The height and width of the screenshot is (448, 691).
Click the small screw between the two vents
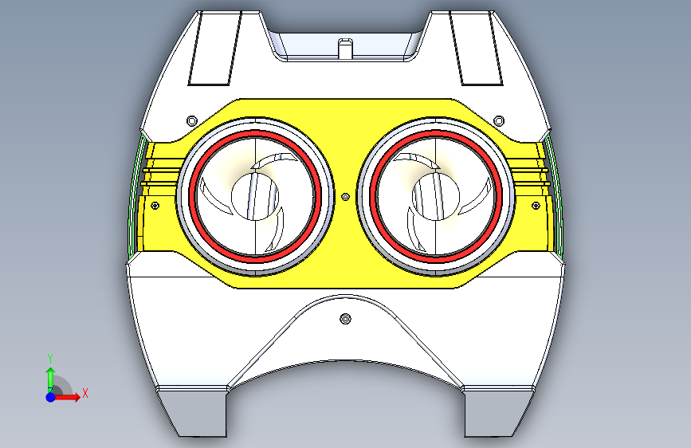pos(345,195)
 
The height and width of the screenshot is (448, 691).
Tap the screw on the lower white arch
pos(345,320)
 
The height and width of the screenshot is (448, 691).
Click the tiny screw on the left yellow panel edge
pos(155,205)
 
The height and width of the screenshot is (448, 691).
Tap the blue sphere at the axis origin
pos(50,396)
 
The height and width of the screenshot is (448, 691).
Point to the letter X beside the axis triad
pos(84,393)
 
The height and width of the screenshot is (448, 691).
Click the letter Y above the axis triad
pos(49,358)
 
